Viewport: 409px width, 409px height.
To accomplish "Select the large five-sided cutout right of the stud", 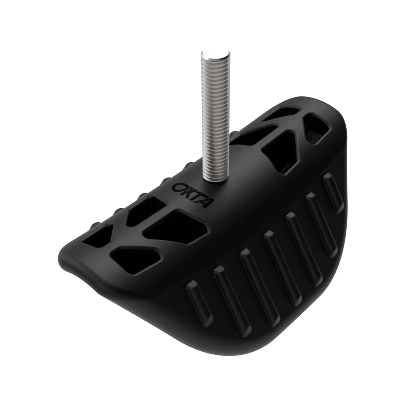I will (279, 150).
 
